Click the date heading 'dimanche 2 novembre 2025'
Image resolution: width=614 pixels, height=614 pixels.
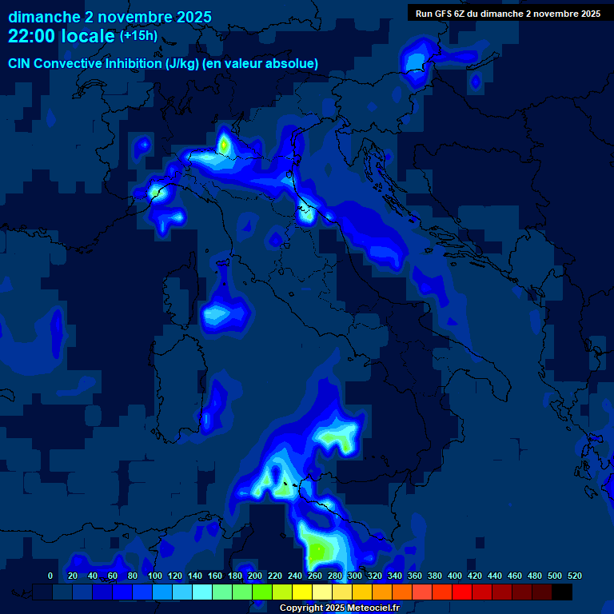(x=110, y=17)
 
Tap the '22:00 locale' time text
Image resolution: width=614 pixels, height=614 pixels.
(x=62, y=36)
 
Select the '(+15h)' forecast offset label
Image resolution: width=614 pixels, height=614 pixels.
(x=138, y=36)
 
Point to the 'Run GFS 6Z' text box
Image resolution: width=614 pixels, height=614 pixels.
(x=508, y=14)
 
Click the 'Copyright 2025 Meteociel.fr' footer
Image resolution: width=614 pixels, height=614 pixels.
(x=339, y=608)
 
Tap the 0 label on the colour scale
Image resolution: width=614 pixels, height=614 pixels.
(x=50, y=576)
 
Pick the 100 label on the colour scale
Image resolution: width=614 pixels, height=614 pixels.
(x=155, y=576)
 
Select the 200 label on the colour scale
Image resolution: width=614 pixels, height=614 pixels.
(x=255, y=576)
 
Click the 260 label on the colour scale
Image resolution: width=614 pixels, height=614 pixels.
(x=315, y=576)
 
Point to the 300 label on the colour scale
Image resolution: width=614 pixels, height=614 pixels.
(x=355, y=576)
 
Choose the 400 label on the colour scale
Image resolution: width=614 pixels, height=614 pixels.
(x=455, y=576)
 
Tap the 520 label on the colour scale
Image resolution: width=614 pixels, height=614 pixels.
(x=575, y=576)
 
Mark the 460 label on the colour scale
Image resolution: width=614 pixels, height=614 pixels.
(x=515, y=576)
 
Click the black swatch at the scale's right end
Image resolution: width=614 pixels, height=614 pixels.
(x=562, y=592)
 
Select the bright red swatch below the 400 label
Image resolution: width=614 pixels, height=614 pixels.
(x=462, y=592)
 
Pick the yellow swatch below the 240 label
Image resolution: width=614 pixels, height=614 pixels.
(x=302, y=592)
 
